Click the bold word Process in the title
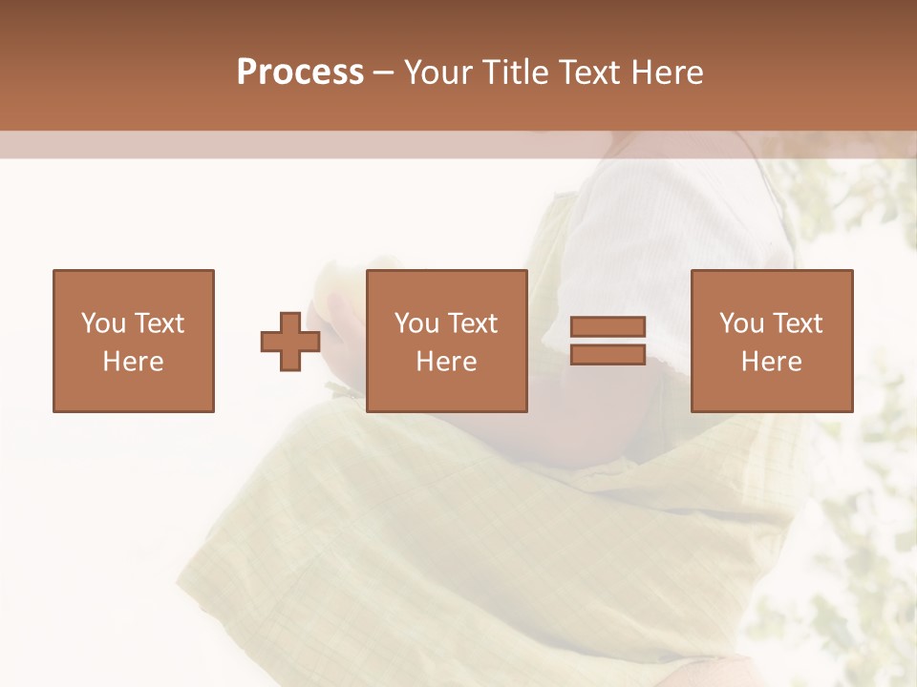pos(300,72)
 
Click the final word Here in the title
pos(667,72)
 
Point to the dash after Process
pos(384,73)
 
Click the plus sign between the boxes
pos(290,342)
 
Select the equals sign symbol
pos(608,341)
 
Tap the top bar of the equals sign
pos(608,326)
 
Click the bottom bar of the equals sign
pos(608,354)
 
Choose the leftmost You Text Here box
pos(133,341)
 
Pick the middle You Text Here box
pos(446,341)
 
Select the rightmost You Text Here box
pos(771,341)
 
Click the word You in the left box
pos(102,323)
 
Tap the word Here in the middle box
pos(446,362)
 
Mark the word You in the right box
pos(740,323)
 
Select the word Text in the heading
pos(584,72)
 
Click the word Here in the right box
pos(771,362)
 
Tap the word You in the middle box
pos(416,323)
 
